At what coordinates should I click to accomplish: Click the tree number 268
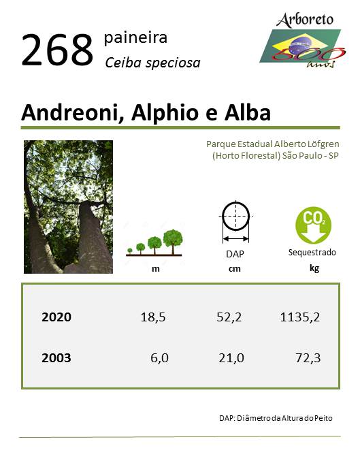click(58, 50)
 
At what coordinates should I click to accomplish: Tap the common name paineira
click(135, 38)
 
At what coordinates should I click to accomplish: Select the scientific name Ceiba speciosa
click(152, 63)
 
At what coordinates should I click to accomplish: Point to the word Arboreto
click(304, 20)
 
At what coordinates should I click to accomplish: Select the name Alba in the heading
click(248, 113)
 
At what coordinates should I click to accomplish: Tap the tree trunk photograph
click(68, 207)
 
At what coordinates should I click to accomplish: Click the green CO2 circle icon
click(313, 225)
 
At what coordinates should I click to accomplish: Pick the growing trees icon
click(154, 242)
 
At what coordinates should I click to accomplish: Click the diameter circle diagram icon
click(235, 222)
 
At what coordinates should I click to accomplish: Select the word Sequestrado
click(312, 253)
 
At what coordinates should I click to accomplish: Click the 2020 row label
click(56, 317)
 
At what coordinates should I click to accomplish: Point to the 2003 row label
click(56, 358)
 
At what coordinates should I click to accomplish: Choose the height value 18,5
click(153, 317)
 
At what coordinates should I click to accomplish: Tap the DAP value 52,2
click(229, 317)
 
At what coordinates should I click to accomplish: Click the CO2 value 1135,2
click(300, 317)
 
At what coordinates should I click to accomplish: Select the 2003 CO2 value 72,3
click(308, 358)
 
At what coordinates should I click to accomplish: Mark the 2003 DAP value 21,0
click(231, 358)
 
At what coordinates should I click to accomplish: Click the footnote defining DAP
click(276, 418)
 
